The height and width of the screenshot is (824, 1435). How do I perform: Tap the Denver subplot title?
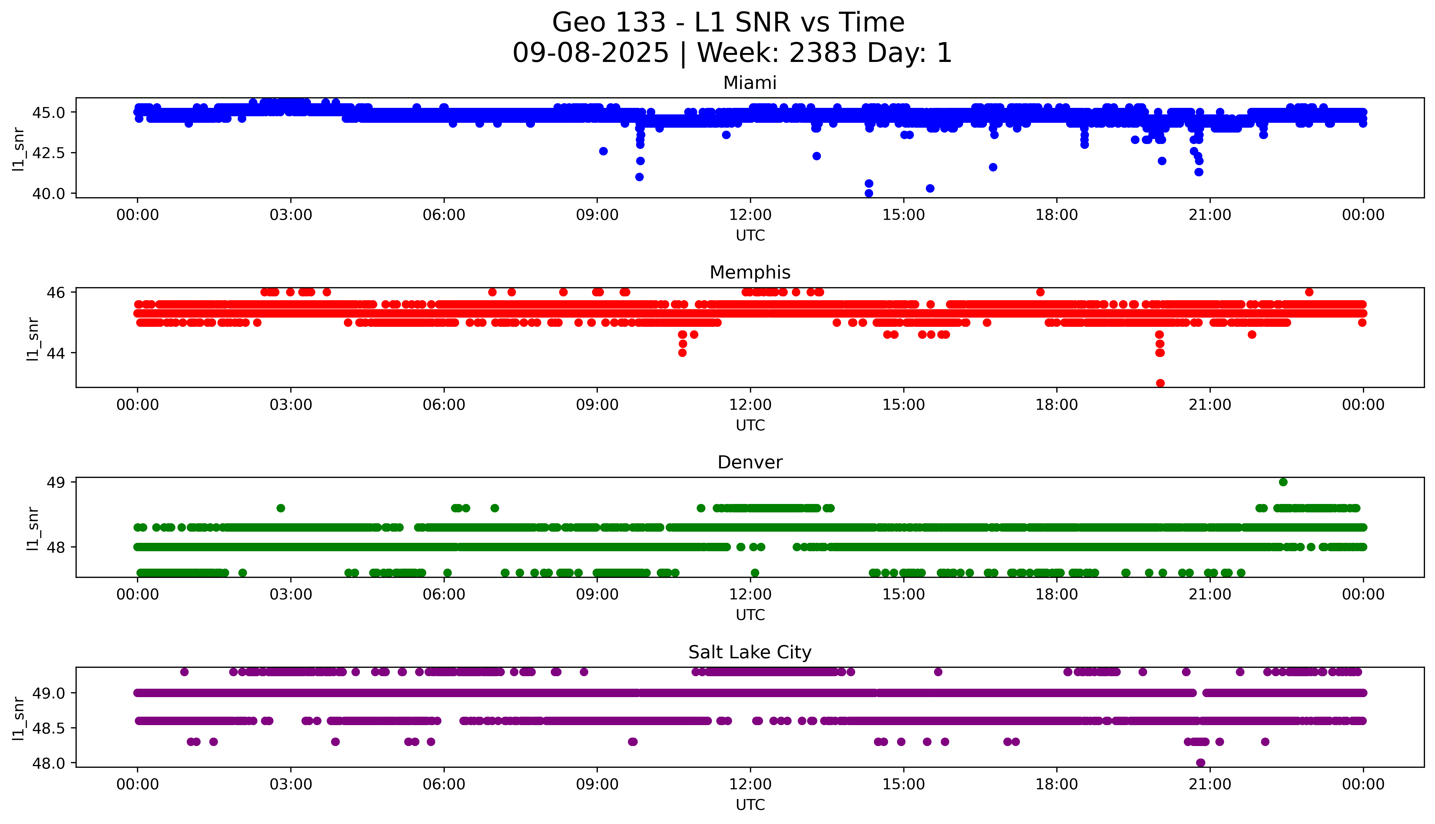749,462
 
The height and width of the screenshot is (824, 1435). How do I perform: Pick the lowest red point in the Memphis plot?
1160,383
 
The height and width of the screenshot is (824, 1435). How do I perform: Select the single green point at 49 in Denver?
1283,482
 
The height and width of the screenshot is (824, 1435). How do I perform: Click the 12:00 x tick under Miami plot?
750,215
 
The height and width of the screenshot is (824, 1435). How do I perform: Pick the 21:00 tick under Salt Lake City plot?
1210,784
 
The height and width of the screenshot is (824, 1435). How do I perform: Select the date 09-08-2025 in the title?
590,53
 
